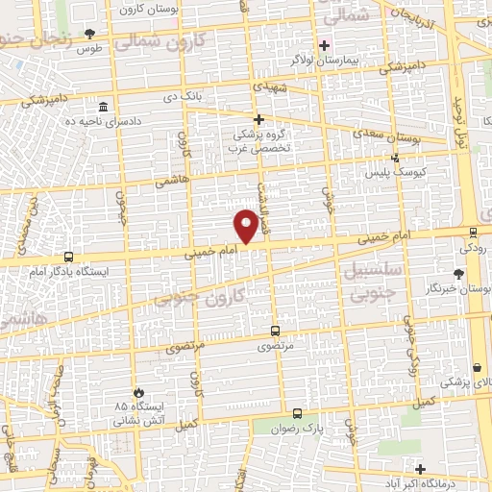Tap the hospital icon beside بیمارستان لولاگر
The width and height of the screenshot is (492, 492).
coord(324,45)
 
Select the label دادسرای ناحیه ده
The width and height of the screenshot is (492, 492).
coord(103,121)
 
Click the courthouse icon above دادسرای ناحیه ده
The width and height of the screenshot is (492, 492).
coord(103,106)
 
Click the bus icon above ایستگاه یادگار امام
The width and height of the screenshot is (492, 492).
coord(67,257)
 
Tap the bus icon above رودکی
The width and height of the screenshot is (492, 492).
coord(472,231)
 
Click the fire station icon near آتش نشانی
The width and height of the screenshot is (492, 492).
coord(140,392)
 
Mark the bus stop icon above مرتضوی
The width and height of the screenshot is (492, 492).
coord(276,330)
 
